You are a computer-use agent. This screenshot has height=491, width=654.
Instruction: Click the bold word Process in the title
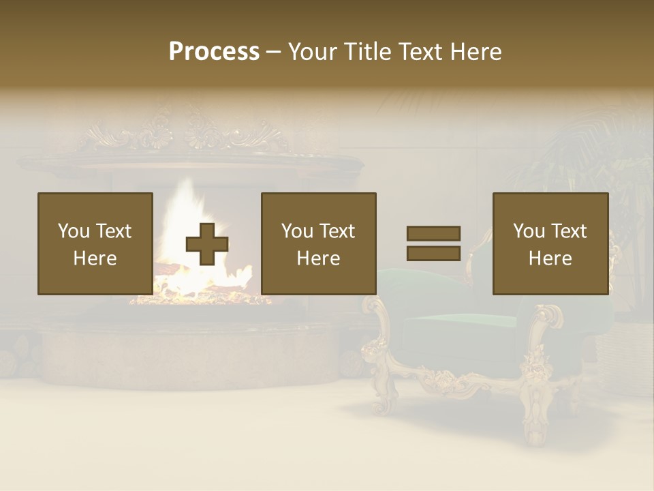pos(214,52)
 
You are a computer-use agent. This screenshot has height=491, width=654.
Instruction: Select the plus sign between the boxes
pos(207,244)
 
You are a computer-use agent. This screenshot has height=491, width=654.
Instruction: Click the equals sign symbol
pos(433,243)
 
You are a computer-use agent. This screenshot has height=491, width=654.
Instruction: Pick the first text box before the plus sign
pos(95,243)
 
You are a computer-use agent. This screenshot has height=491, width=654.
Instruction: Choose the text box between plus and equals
pos(319,243)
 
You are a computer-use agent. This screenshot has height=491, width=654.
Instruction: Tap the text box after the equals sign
pos(550,243)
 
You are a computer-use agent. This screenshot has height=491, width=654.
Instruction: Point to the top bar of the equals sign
pos(433,233)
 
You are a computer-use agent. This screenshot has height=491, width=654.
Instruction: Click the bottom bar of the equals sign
pos(433,254)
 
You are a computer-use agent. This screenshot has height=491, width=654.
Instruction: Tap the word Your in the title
pos(312,52)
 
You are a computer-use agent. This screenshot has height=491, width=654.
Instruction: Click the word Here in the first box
pos(95,258)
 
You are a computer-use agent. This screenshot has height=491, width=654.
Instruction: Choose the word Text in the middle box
pos(337,231)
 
